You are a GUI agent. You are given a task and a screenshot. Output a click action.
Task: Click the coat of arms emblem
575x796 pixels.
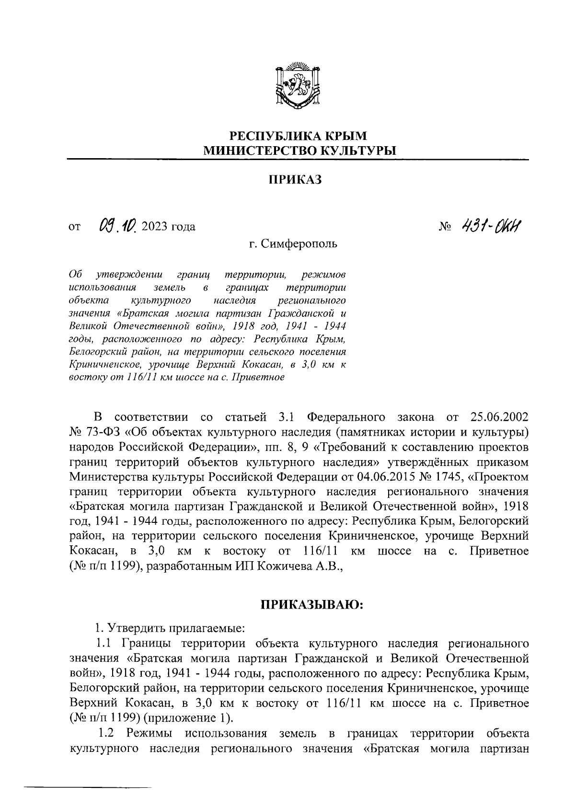point(297,86)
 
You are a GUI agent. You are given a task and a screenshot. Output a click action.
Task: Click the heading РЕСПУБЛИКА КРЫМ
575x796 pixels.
point(297,137)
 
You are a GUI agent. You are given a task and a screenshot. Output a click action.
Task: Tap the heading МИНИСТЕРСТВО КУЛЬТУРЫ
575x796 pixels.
point(297,151)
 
